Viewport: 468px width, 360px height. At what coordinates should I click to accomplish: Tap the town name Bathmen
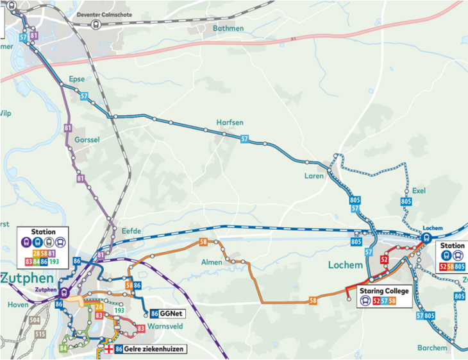click(229, 28)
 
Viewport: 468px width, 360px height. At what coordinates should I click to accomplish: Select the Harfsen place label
click(230, 123)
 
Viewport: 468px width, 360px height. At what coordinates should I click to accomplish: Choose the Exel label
click(419, 191)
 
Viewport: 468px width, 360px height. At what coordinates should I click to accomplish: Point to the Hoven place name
click(18, 305)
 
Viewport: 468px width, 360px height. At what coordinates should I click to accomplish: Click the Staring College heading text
click(384, 291)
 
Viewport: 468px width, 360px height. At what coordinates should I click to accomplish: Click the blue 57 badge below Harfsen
click(244, 139)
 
